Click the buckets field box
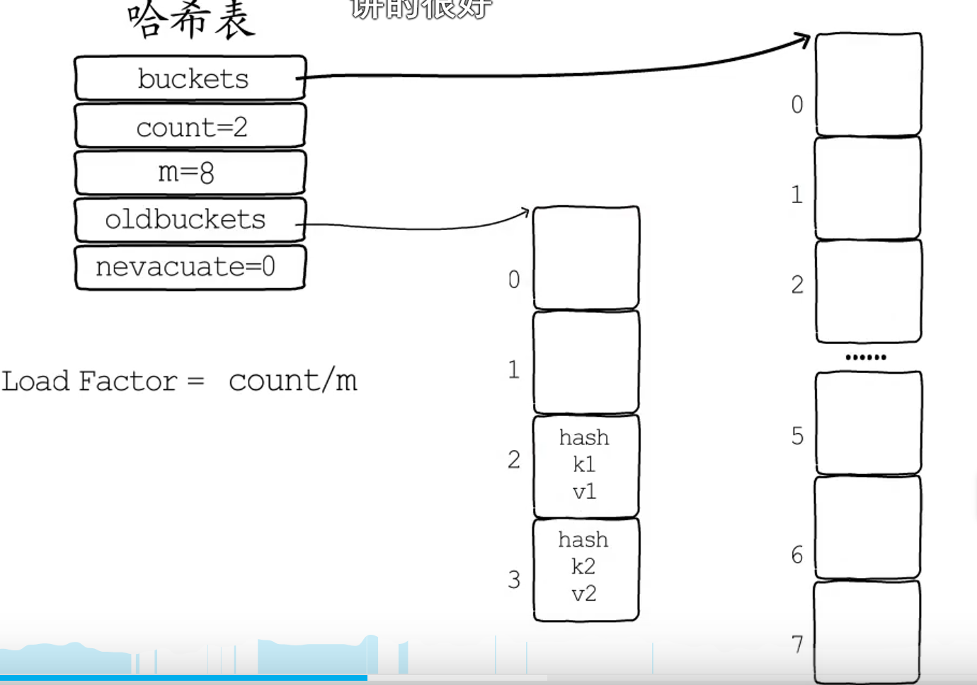pos(190,78)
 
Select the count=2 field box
pos(190,126)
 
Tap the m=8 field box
pos(190,172)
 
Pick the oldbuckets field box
pos(190,219)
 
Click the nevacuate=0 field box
pos(190,267)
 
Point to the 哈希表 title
pos(191,20)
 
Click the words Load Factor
pos(89,381)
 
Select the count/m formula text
pos(292,381)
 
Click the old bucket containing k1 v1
pos(585,465)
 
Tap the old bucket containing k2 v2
pos(585,568)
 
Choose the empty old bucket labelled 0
pos(585,258)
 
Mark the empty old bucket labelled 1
pos(585,362)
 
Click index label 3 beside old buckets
pos(514,580)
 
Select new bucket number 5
pos(868,422)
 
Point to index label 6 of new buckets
pos(797,555)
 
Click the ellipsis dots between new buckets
pos(866,357)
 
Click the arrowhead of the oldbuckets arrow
pos(525,211)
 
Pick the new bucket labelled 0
pos(868,84)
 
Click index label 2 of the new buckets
pos(797,284)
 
